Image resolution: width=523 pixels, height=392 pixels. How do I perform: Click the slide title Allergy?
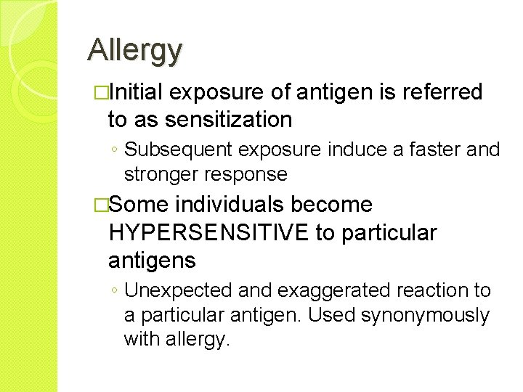(x=134, y=50)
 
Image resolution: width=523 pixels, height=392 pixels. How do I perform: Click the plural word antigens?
(x=151, y=259)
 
